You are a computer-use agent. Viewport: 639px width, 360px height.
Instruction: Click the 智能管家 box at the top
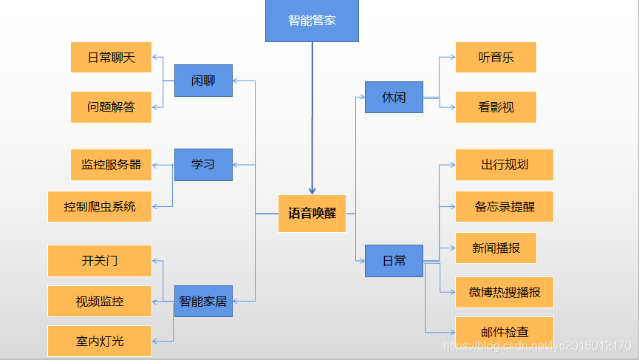pyautogui.click(x=312, y=21)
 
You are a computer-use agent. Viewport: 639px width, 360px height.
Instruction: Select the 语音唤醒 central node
pyautogui.click(x=312, y=214)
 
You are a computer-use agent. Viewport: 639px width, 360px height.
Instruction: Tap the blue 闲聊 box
pyautogui.click(x=203, y=81)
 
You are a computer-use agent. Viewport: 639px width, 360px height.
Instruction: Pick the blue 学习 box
pyautogui.click(x=203, y=164)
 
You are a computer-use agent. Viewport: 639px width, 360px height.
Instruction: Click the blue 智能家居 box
pyautogui.click(x=203, y=301)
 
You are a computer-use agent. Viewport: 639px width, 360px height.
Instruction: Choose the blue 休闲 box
pyautogui.click(x=394, y=98)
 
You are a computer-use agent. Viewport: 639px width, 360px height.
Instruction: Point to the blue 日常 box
pyautogui.click(x=394, y=261)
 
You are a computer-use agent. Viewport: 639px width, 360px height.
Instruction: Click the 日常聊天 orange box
pyautogui.click(x=111, y=58)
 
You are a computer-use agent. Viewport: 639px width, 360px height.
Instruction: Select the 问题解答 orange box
pyautogui.click(x=111, y=107)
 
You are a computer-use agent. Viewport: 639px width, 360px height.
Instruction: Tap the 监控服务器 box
pyautogui.click(x=111, y=165)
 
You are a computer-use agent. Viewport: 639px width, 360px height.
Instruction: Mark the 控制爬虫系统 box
pyautogui.click(x=100, y=207)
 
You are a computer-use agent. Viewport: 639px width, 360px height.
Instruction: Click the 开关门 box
pyautogui.click(x=100, y=261)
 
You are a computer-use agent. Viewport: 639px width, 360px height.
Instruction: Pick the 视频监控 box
pyautogui.click(x=100, y=301)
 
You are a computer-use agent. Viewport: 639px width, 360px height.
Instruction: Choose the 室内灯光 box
pyautogui.click(x=100, y=341)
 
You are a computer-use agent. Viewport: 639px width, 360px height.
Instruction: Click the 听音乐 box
pyautogui.click(x=496, y=58)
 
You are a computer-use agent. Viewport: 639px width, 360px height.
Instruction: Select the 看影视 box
pyautogui.click(x=496, y=107)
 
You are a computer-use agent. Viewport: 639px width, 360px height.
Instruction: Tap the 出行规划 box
pyautogui.click(x=505, y=165)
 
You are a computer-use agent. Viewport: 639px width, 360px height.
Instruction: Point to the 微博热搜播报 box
pyautogui.click(x=505, y=292)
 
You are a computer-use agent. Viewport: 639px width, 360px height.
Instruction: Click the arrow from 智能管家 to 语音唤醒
pyautogui.click(x=312, y=118)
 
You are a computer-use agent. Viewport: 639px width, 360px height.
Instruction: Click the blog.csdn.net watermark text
pyautogui.click(x=536, y=346)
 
